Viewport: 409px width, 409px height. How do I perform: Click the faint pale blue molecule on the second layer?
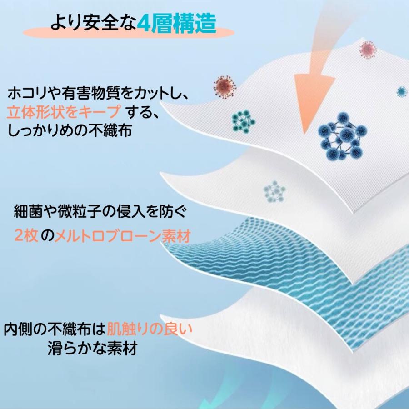point(274,190)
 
